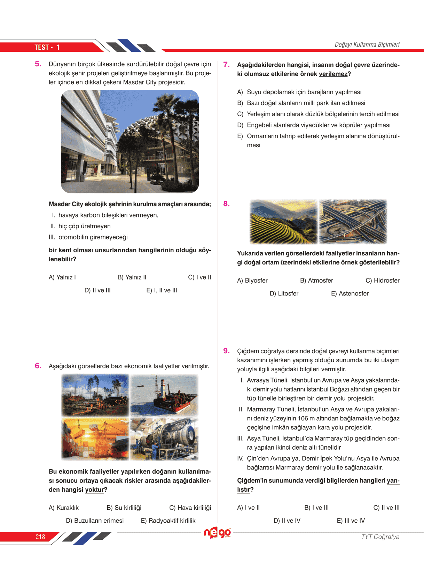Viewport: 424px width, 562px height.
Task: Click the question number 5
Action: (38, 64)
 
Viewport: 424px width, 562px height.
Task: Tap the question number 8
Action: (226, 204)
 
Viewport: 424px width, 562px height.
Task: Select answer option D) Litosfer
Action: (284, 293)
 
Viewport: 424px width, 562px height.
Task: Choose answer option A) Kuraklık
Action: (64, 508)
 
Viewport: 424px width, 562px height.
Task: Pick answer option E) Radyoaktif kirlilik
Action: (168, 521)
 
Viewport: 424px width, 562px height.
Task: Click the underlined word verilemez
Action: (333, 74)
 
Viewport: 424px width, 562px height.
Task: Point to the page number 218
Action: (40, 537)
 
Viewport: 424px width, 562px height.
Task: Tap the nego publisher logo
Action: (217, 533)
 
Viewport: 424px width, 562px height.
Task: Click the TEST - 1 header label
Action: (47, 47)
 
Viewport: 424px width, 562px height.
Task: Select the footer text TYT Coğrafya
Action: (380, 537)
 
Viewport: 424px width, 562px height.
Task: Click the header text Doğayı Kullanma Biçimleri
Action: (367, 45)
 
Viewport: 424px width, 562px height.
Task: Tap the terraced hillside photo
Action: (283, 221)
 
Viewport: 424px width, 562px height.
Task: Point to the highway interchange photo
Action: (353, 221)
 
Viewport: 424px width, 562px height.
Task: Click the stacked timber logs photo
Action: (95, 395)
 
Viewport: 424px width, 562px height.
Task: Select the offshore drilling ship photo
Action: (164, 395)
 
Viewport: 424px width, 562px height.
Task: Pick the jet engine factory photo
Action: (164, 439)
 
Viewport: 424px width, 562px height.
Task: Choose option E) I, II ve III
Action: (162, 290)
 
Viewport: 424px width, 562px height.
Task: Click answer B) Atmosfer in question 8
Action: (316, 280)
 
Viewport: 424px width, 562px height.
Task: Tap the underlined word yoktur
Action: (95, 490)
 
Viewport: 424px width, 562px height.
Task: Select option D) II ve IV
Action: (287, 521)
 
